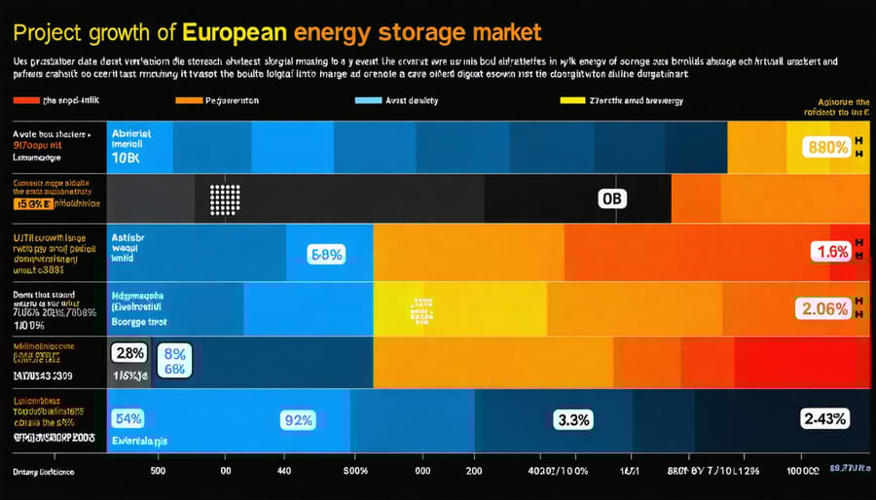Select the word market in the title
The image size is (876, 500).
pyautogui.click(x=505, y=32)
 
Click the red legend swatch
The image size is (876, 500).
pyautogui.click(x=25, y=100)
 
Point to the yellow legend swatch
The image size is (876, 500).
pyautogui.click(x=573, y=100)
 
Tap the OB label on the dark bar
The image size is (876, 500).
pyautogui.click(x=612, y=199)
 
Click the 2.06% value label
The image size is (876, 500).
pyautogui.click(x=823, y=309)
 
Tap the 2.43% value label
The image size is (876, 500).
pyautogui.click(x=823, y=419)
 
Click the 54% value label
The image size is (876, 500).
pyautogui.click(x=128, y=419)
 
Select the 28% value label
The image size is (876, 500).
pyautogui.click(x=128, y=352)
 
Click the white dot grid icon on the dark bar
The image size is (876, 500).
pyautogui.click(x=225, y=199)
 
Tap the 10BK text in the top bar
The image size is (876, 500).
pyautogui.click(x=129, y=157)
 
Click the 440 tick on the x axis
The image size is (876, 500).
pyautogui.click(x=284, y=471)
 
